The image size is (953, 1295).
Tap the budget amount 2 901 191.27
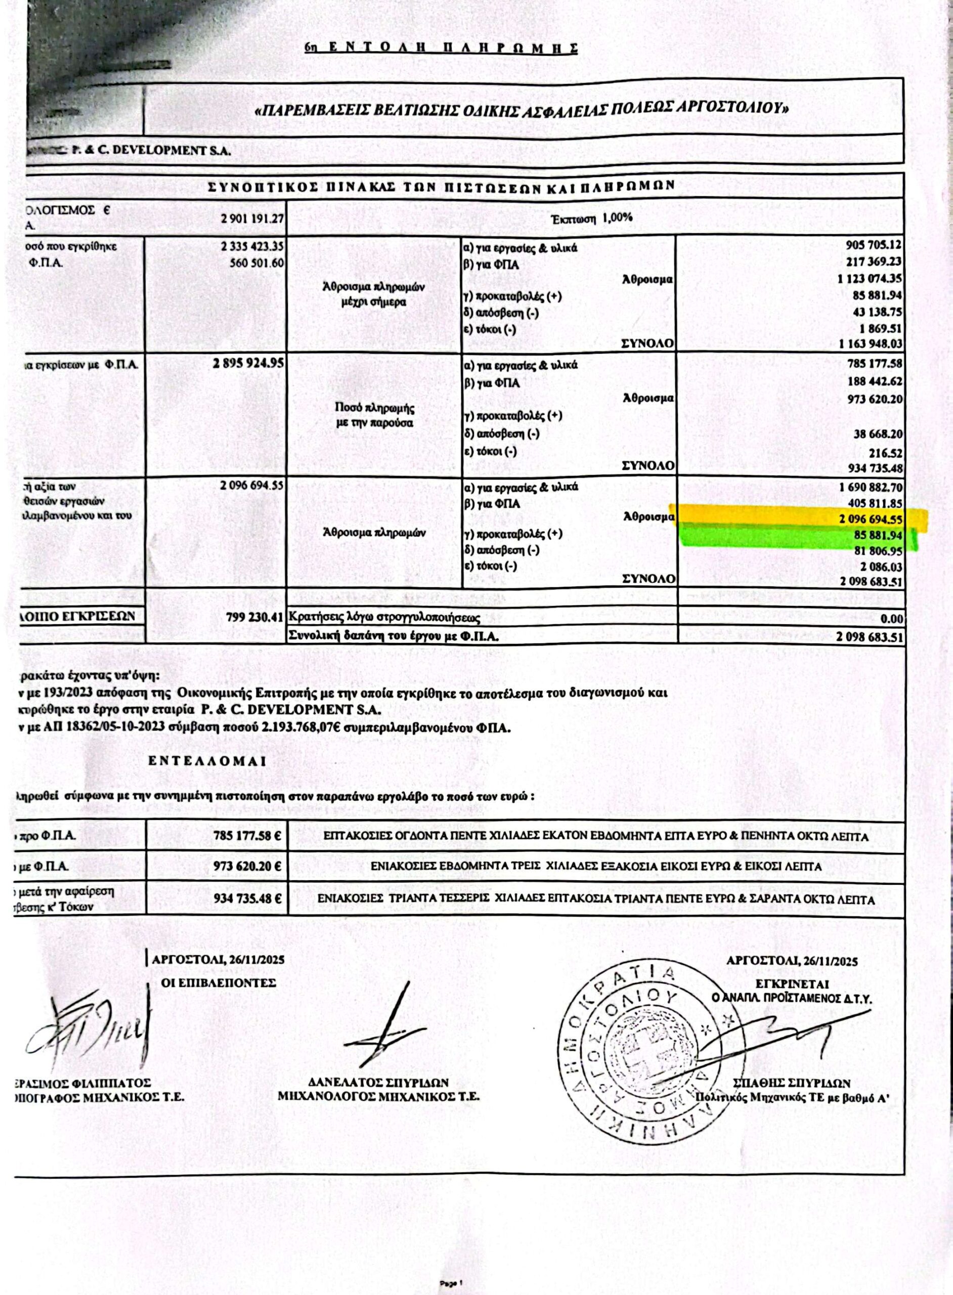[250, 220]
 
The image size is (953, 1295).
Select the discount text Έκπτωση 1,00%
[591, 218]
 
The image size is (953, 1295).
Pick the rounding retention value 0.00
[892, 619]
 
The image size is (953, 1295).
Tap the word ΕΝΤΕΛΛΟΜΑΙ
[206, 761]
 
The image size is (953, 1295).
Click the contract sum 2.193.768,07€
[300, 728]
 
